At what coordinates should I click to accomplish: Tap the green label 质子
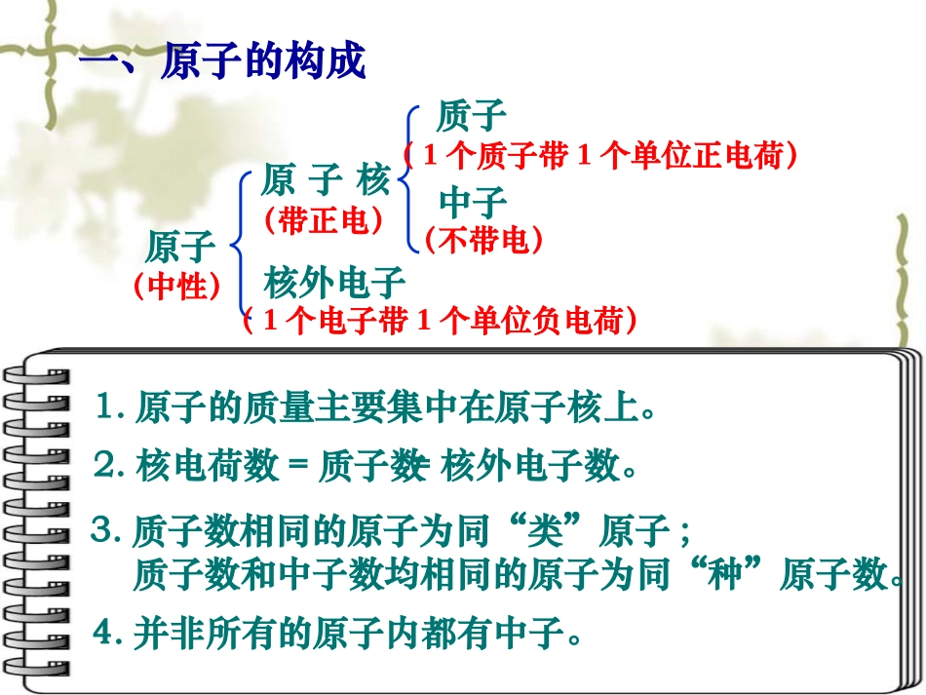(472, 117)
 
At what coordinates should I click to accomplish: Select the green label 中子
(474, 203)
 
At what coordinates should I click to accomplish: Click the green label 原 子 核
(325, 180)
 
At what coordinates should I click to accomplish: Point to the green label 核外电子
(334, 284)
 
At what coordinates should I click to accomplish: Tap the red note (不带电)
(482, 240)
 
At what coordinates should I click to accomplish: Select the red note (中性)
(176, 288)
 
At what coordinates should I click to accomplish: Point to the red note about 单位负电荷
(441, 321)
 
